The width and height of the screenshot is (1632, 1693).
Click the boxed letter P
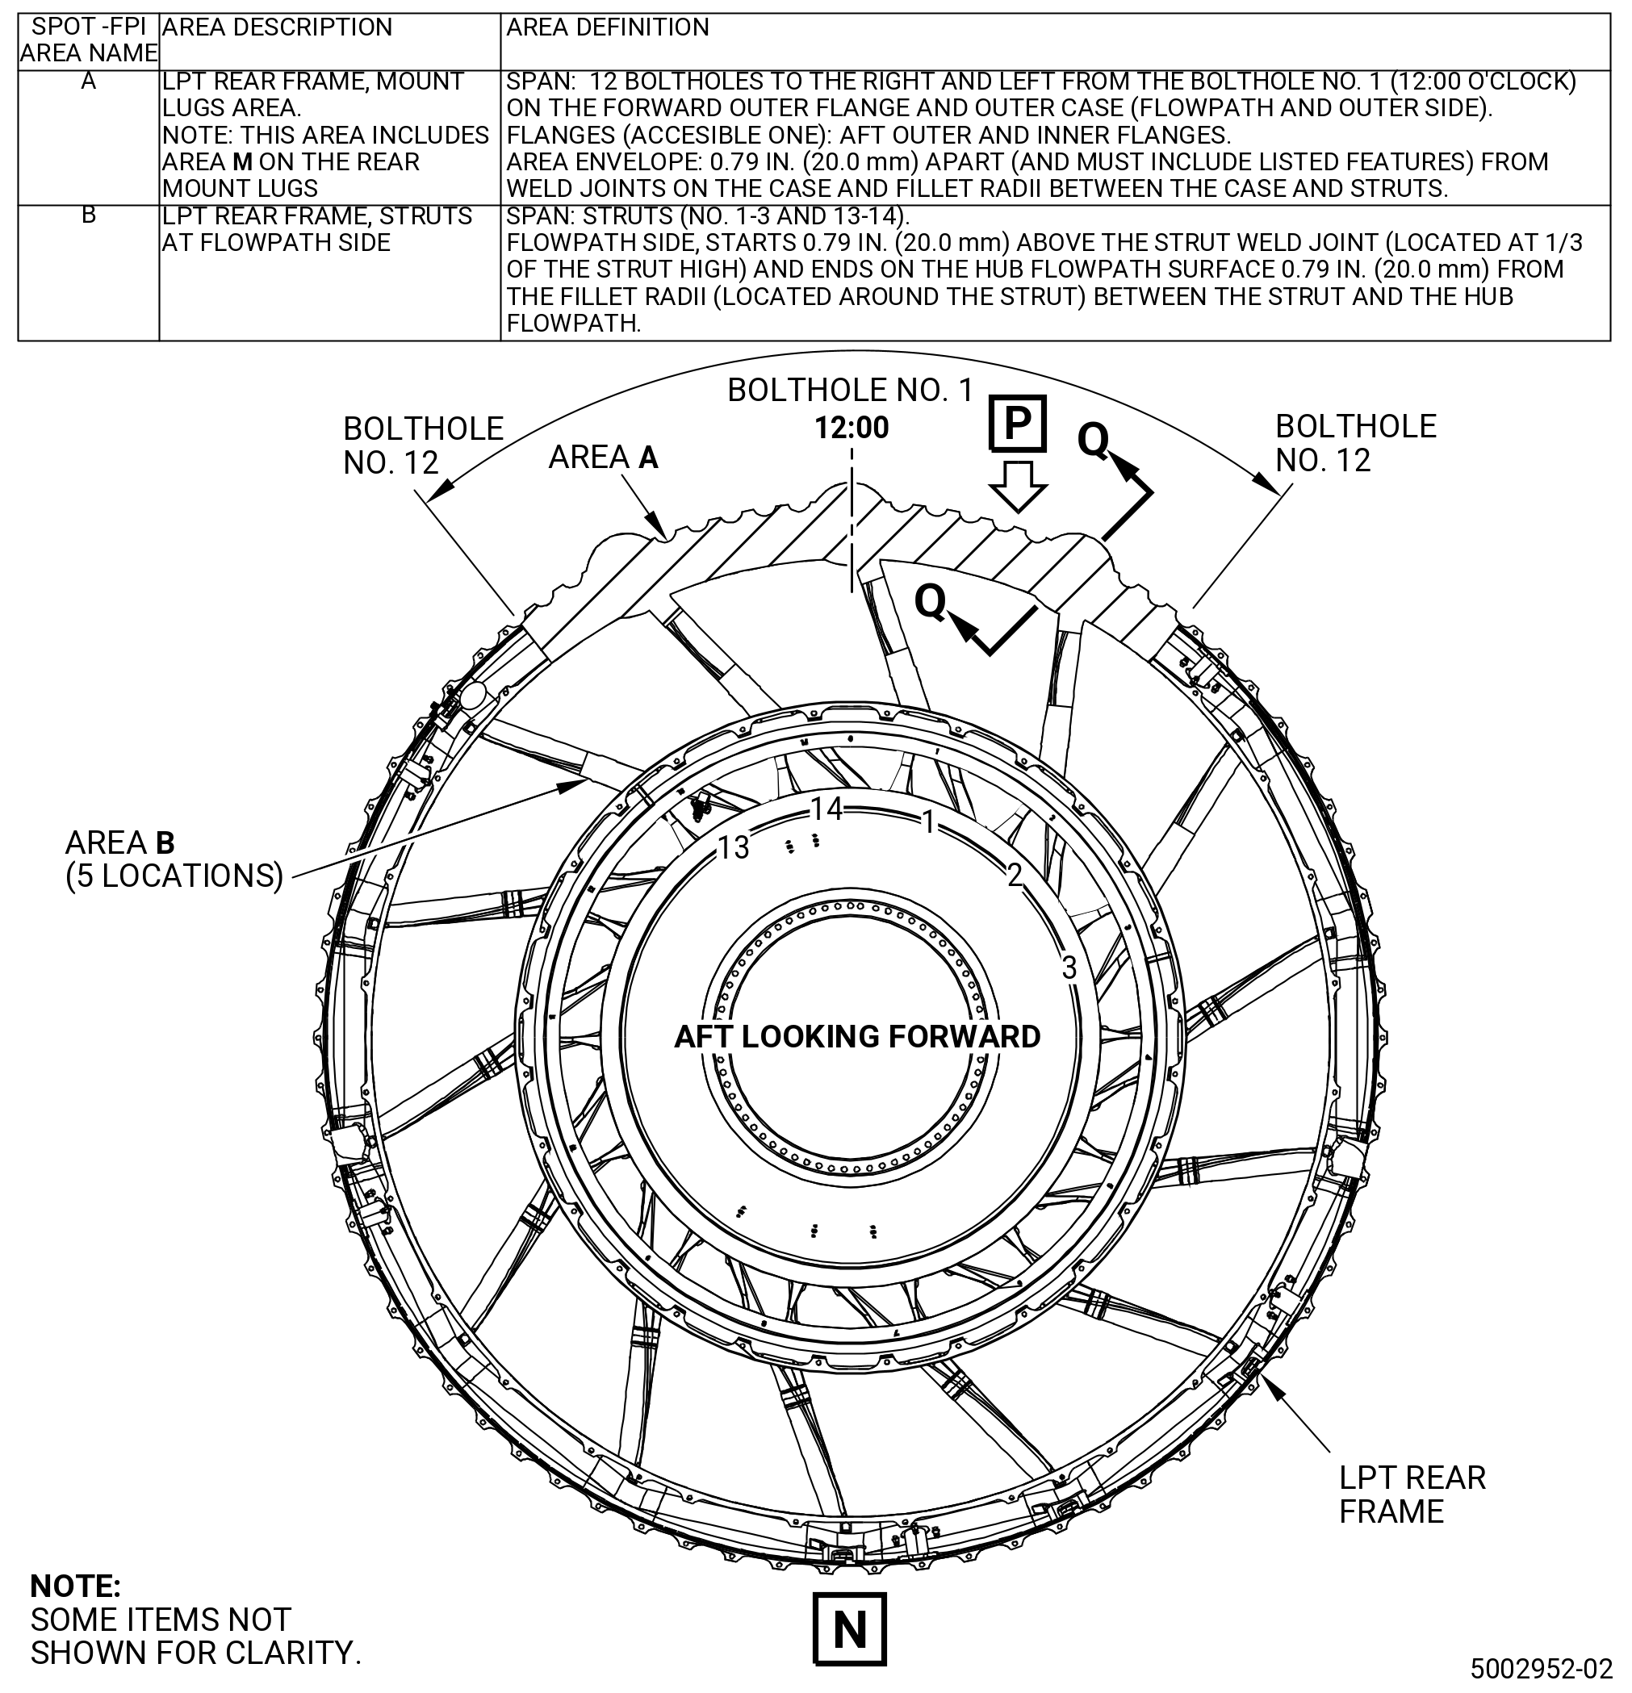pyautogui.click(x=1017, y=423)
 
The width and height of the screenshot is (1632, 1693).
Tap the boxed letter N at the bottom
pyautogui.click(x=850, y=1629)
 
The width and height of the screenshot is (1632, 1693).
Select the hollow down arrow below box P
pyautogui.click(x=1018, y=487)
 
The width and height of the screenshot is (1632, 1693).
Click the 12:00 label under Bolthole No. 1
pyautogui.click(x=852, y=428)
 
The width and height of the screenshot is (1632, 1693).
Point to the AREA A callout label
pyautogui.click(x=603, y=457)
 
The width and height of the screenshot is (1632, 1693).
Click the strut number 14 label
pyautogui.click(x=826, y=809)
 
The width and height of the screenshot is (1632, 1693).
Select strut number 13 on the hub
pyautogui.click(x=734, y=848)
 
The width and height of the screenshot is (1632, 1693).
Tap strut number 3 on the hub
pyautogui.click(x=1069, y=968)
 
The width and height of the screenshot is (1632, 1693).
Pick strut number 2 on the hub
pyautogui.click(x=1015, y=875)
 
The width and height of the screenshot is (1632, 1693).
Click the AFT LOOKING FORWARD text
pyautogui.click(x=857, y=1036)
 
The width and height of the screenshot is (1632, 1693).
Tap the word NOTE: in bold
pyautogui.click(x=75, y=1586)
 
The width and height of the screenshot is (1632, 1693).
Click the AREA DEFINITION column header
pyautogui.click(x=607, y=27)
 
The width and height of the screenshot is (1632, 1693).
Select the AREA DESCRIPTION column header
pyautogui.click(x=278, y=27)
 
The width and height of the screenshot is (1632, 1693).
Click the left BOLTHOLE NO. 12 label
pyautogui.click(x=423, y=445)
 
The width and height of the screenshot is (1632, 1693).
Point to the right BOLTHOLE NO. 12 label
pyautogui.click(x=1355, y=443)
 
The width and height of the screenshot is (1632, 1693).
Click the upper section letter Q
pyautogui.click(x=1093, y=441)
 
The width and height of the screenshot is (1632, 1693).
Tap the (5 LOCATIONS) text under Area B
pyautogui.click(x=174, y=876)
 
